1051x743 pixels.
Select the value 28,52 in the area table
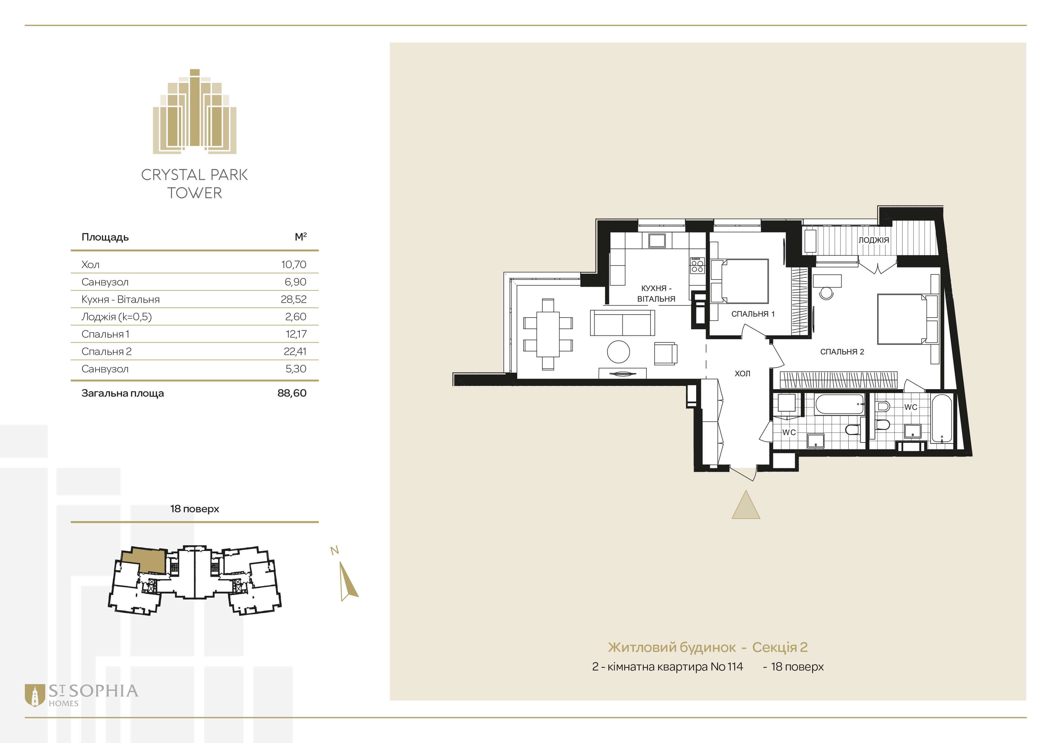pos(293,299)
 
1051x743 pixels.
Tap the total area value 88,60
pos(292,393)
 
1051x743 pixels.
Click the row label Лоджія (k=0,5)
pos(116,317)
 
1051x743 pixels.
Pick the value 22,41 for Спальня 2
pos(295,351)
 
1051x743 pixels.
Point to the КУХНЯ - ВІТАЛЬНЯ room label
pos(656,293)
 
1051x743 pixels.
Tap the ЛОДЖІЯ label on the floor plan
pos(873,240)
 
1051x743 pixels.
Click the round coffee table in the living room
pos(619,352)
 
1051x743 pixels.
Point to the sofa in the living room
pos(622,323)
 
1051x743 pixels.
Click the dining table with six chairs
pos(548,334)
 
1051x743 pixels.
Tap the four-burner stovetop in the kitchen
pos(697,266)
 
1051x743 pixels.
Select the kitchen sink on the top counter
pos(657,241)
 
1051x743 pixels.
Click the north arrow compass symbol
pos(348,581)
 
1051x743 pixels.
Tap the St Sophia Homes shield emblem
pos(35,695)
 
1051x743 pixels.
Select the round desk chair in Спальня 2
pos(826,293)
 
